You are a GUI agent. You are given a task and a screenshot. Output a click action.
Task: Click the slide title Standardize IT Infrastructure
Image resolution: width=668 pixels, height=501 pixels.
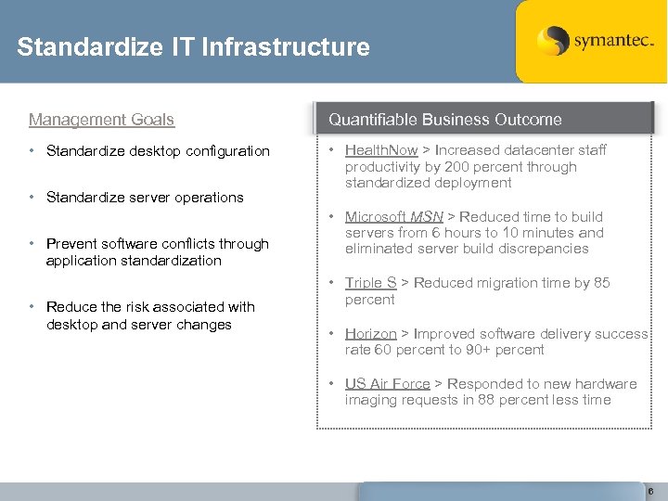(193, 47)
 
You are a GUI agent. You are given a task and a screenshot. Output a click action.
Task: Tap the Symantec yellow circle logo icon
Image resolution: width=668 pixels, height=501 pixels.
(552, 41)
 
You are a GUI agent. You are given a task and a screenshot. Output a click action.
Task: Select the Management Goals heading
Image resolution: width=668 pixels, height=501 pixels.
(101, 120)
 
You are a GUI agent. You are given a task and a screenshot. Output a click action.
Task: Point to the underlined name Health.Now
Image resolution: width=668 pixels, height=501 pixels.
(381, 150)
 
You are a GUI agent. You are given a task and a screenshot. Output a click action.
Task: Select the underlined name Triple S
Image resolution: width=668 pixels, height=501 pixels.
(370, 283)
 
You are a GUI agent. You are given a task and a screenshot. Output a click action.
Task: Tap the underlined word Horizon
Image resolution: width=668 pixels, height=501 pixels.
(370, 333)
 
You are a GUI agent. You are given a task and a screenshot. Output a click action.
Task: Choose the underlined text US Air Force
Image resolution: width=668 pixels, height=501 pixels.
(387, 384)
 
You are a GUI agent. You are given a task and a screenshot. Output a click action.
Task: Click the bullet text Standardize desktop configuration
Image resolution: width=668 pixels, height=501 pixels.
(158, 151)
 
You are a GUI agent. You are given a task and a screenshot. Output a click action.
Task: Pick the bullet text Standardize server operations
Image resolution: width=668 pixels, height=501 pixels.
(145, 198)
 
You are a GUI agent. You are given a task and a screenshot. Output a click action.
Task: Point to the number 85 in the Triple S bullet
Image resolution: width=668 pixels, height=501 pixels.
(601, 283)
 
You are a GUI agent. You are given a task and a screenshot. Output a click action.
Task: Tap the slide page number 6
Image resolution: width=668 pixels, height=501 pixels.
(650, 492)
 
